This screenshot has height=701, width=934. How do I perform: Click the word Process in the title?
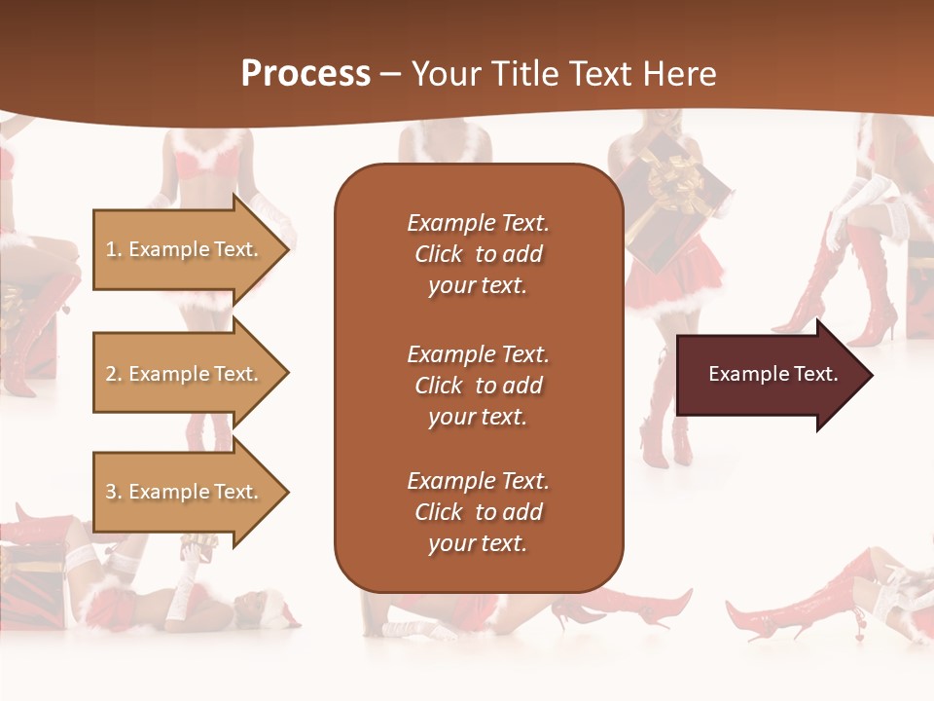coord(305,74)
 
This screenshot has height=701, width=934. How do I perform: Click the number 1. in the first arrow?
coord(114,249)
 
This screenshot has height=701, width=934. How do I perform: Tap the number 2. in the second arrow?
coord(114,374)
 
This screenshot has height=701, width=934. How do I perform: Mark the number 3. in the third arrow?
coord(114,492)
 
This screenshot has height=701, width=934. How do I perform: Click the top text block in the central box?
coord(478,254)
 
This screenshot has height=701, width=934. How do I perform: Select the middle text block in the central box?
coord(478,386)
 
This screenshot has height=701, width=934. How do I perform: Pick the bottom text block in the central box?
coord(478,512)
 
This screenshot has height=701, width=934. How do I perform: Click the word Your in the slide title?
coord(445,74)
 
